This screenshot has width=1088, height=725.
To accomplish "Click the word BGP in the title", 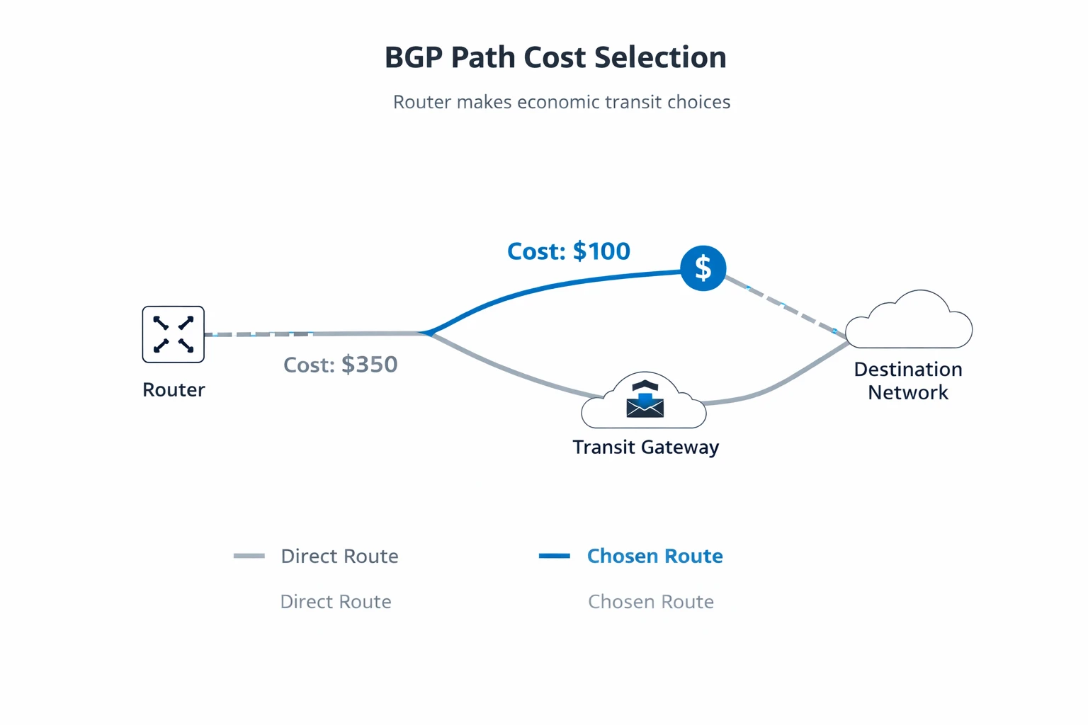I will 414,58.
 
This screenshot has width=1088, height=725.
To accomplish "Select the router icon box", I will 174,334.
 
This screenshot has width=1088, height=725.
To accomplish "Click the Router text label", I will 174,390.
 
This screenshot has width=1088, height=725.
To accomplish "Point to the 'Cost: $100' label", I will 568,251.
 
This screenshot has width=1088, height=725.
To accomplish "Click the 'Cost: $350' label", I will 340,365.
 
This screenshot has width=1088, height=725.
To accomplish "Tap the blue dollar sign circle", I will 703,268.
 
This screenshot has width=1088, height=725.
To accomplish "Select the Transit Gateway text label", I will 645,447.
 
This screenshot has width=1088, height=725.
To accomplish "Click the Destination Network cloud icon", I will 909,322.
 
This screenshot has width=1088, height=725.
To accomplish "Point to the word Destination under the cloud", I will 908,370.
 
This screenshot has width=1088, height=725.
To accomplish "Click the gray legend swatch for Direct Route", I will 249,556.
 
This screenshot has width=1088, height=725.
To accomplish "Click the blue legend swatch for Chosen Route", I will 555,556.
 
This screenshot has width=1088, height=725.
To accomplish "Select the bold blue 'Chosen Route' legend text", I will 654,556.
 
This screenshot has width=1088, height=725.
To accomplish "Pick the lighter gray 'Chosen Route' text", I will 650,602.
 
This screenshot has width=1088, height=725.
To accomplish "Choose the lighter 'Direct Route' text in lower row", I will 336,602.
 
